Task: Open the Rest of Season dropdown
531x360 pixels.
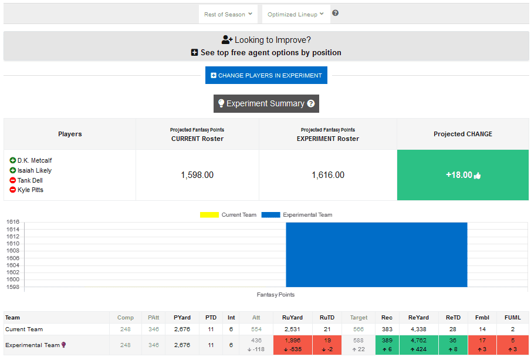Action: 228,14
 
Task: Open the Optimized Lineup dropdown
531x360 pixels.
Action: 296,14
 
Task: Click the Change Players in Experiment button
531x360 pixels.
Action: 266,75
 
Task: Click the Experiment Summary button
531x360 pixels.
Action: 266,103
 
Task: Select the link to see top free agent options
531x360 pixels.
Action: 266,52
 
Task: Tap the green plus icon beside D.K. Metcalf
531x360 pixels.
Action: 13,160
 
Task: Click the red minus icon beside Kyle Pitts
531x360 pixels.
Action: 13,190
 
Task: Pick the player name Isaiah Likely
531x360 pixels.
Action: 35,170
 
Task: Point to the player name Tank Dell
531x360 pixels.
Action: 30,180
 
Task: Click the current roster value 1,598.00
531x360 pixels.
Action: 197,175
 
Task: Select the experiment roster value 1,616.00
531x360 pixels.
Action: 328,175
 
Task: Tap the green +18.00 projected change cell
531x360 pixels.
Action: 462,175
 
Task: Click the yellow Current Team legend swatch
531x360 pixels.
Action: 209,215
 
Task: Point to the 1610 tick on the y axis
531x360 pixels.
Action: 13,243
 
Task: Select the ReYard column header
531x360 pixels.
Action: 417,318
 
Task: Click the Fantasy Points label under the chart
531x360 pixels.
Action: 276,295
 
